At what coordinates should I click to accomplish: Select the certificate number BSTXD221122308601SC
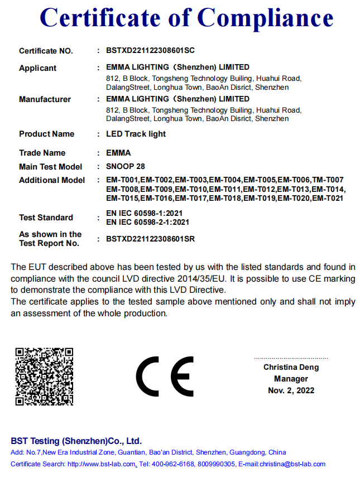(150, 50)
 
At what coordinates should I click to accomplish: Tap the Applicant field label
(37, 68)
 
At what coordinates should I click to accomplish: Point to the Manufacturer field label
(45, 99)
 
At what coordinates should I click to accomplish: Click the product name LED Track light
(136, 134)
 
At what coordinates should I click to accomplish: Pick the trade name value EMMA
(118, 153)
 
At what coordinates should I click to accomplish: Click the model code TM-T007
(328, 180)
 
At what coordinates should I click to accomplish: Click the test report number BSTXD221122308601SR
(150, 239)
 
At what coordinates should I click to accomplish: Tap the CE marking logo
(165, 376)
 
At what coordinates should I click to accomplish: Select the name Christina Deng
(291, 367)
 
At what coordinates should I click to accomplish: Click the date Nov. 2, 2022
(291, 390)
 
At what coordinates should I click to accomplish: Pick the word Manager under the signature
(291, 379)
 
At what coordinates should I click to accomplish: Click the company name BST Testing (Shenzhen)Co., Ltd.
(76, 440)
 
